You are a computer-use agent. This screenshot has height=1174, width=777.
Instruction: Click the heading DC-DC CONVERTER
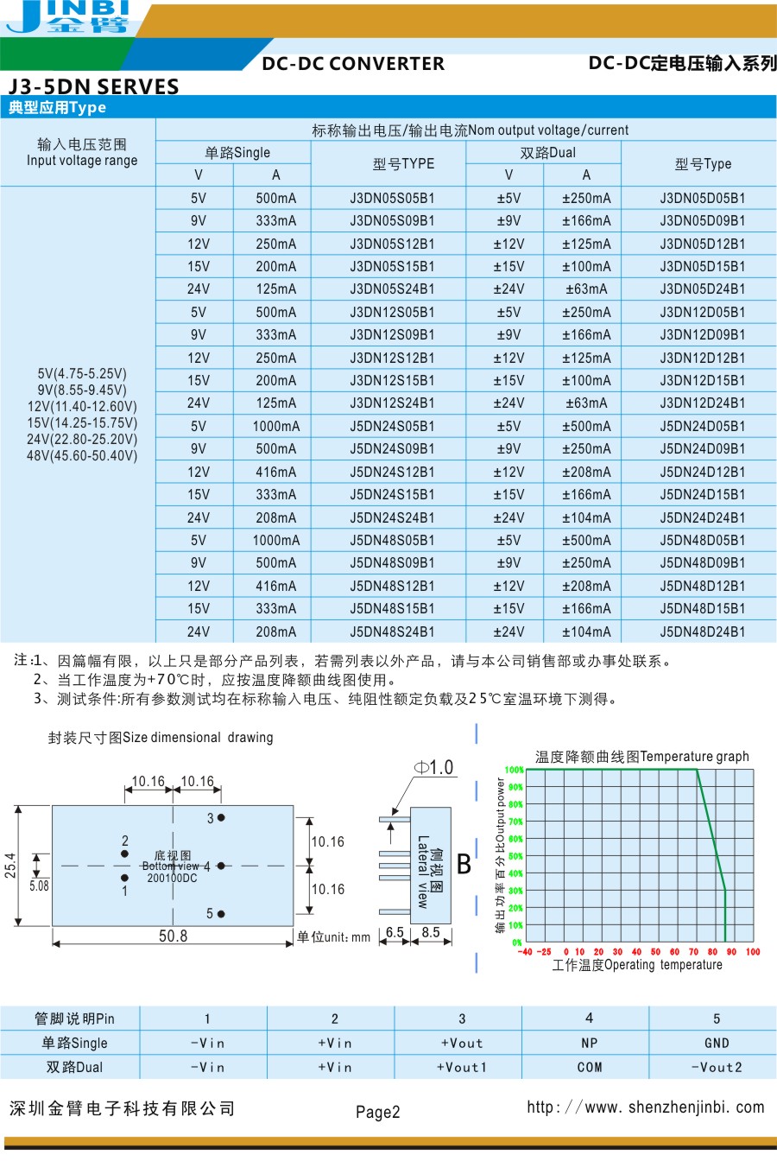tap(353, 64)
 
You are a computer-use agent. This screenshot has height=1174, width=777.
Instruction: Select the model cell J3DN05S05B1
tap(392, 198)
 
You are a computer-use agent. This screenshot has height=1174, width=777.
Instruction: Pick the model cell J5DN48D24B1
tap(702, 631)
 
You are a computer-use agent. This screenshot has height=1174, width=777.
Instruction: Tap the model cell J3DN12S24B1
tap(392, 403)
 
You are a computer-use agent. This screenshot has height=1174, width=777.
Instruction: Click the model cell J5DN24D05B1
tap(702, 426)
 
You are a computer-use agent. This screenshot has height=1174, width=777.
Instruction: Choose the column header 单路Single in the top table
tap(237, 153)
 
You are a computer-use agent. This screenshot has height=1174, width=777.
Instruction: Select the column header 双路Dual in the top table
tap(547, 153)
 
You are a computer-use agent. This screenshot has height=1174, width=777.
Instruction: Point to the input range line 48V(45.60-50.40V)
tap(82, 455)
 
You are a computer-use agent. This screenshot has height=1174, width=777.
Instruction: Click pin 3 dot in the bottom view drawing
tap(221, 817)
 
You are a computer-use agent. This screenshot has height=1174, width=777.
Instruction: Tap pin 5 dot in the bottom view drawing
tap(221, 913)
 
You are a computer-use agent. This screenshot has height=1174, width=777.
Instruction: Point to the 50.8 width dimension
tap(173, 936)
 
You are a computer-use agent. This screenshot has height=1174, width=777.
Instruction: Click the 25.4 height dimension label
tap(10, 865)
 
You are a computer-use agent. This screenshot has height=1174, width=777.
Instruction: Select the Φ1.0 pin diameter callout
tap(434, 767)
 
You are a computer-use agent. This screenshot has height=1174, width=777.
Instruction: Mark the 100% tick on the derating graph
tap(515, 770)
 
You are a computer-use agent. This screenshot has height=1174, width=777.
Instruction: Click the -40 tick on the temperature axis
tap(525, 952)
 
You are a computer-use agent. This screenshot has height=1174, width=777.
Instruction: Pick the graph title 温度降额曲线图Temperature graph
tap(641, 757)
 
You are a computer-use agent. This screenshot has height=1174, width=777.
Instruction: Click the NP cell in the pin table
tap(589, 1043)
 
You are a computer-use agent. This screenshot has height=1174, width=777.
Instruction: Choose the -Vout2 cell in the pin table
tap(716, 1067)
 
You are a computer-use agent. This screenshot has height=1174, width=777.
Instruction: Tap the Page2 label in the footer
tap(377, 1112)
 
